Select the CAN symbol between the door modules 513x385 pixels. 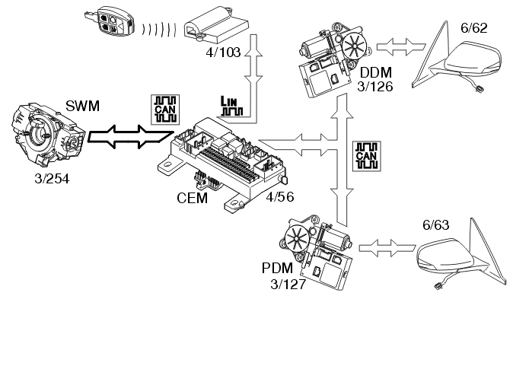pyautogui.click(x=367, y=155)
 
